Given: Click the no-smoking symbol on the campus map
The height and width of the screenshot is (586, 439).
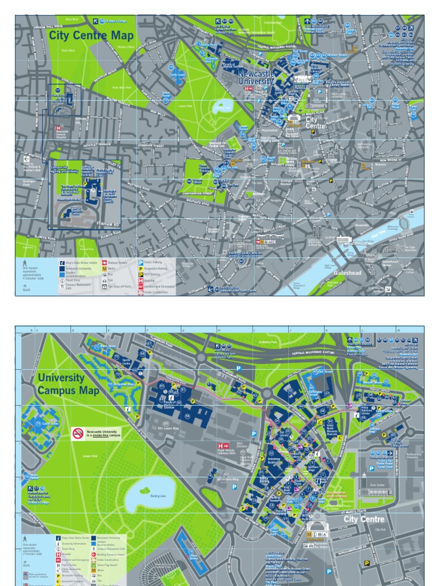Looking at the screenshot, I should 78,434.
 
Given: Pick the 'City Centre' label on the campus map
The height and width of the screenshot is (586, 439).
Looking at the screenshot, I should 364,518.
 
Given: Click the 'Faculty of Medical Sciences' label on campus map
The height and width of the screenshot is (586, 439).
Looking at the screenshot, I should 169,405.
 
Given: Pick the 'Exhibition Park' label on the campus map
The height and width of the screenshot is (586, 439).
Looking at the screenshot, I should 267,342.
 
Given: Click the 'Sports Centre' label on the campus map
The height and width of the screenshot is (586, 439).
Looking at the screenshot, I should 127,362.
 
